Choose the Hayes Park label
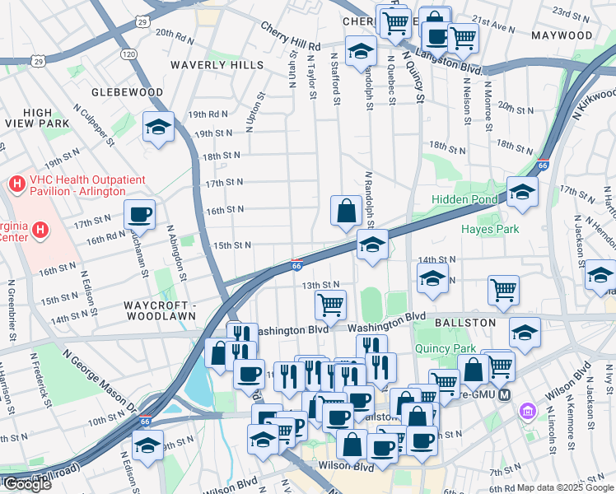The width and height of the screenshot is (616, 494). point(489,229)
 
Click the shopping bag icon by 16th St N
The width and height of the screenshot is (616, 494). point(345,211)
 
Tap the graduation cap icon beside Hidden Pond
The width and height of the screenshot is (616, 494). point(521,192)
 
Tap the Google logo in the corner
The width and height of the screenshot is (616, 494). point(26,484)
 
